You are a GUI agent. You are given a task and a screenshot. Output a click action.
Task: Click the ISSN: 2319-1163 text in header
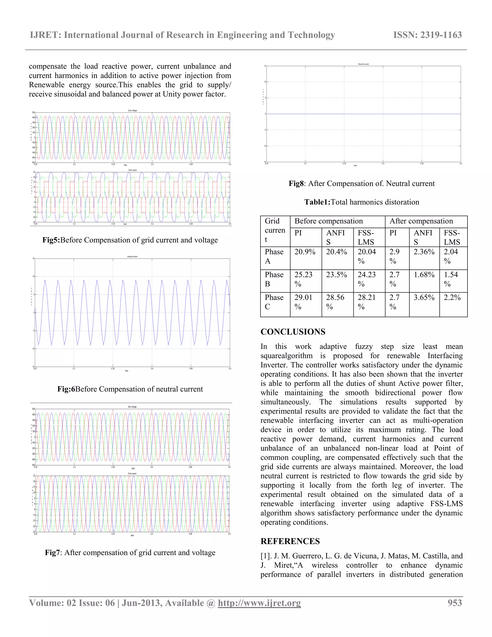click(x=427, y=35)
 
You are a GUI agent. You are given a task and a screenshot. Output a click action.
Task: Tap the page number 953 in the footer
click(x=455, y=603)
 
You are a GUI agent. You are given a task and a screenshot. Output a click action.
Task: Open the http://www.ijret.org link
click(x=259, y=603)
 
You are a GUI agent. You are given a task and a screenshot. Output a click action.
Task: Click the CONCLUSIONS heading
click(x=293, y=332)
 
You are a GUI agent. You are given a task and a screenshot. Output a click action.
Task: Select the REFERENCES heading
click(x=290, y=541)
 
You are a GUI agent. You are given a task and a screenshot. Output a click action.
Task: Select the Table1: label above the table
click(x=317, y=202)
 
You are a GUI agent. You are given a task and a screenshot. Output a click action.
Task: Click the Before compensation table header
click(x=328, y=221)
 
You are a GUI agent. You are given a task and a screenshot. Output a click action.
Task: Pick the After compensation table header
click(x=421, y=221)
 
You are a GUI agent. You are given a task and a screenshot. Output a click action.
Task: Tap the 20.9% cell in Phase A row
click(x=305, y=252)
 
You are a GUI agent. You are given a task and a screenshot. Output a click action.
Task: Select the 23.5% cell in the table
click(x=336, y=275)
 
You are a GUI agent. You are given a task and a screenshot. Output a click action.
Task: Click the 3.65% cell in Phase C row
click(x=424, y=298)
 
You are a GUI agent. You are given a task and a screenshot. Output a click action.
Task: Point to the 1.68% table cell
click(x=424, y=275)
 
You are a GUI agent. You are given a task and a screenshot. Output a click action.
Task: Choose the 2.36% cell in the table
click(x=424, y=252)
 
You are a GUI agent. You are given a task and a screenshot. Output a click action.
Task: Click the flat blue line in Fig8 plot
click(x=363, y=114)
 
